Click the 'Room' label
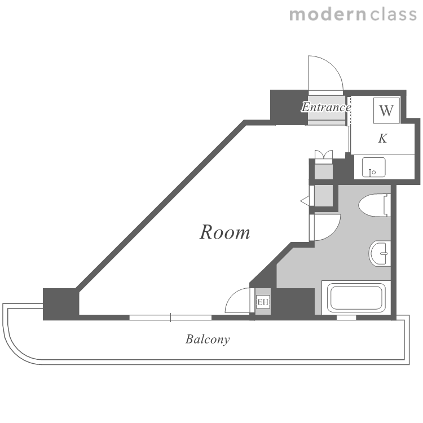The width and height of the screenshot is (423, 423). tap(224, 232)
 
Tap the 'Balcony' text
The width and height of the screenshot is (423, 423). tap(208, 339)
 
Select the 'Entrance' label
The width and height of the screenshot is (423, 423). tap(326, 107)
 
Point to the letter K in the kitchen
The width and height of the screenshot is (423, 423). tap(383, 138)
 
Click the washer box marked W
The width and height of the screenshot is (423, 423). tap(386, 111)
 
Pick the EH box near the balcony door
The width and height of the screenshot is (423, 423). tap(263, 302)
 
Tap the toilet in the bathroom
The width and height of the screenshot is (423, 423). tap(374, 205)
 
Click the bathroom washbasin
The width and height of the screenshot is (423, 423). tap(380, 254)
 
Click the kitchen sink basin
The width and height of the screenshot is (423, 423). tap(373, 168)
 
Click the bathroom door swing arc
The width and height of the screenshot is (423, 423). tap(334, 231)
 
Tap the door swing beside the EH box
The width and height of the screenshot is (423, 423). tap(231, 294)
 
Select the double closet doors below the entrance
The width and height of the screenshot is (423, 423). tap(324, 156)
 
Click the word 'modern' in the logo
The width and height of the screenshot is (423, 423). tap(328, 15)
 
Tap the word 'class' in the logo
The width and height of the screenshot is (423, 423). tap(393, 15)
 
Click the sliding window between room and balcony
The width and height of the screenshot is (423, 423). tap(170, 318)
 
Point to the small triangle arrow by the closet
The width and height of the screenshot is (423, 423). tap(305, 201)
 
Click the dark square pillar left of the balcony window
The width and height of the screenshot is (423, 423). tap(61, 304)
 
